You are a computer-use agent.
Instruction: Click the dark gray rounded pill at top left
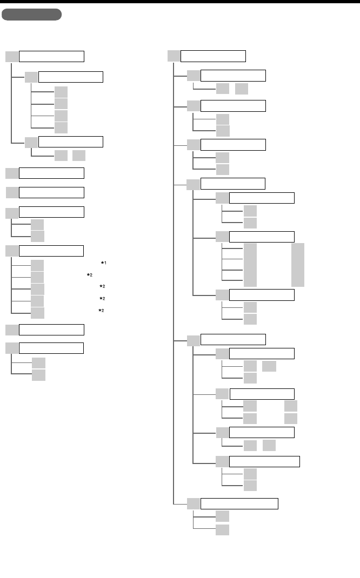pos(31,15)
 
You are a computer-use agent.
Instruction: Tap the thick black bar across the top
pos(180,2)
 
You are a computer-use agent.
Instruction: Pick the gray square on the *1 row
pos(37,265)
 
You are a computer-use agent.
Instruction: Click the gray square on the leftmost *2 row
pos(37,277)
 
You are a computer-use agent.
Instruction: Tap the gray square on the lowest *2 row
pos(37,313)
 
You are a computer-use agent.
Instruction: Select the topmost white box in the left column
pos(52,56)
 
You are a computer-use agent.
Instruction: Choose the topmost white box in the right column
pos(213,56)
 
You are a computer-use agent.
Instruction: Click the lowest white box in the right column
pos(239,503)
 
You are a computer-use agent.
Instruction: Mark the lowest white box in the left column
pos(51,347)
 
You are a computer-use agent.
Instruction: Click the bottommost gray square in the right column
pos(222,529)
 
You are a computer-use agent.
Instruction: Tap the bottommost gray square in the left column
pos(38,375)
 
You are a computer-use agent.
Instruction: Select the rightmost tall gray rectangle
pos(297,265)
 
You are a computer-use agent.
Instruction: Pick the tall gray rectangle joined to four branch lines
pos(250,265)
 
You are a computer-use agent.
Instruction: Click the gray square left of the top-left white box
pos(12,56)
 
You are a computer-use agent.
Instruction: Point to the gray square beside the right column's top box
pos(174,56)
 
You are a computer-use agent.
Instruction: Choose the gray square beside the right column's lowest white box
pos(193,503)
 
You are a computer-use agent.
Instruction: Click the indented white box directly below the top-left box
pos(71,77)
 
